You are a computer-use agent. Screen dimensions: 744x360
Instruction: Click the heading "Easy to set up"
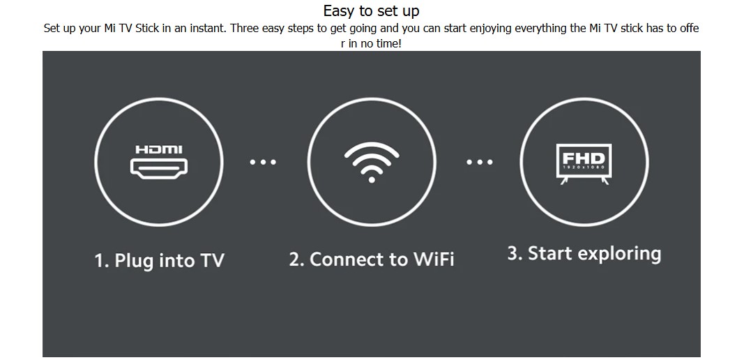[371, 10]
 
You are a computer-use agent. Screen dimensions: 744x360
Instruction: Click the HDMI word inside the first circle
[159, 149]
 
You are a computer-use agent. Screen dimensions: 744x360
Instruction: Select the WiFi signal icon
[372, 162]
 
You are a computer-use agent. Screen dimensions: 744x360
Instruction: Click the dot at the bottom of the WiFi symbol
[372, 179]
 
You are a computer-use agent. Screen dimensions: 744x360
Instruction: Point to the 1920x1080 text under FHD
[584, 167]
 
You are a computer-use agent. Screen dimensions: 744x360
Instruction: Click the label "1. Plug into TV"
[160, 261]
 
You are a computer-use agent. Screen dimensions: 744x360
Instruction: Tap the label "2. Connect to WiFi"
[372, 260]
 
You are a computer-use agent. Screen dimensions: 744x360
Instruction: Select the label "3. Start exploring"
[584, 254]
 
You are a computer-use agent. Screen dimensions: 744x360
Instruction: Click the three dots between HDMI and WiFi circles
[263, 162]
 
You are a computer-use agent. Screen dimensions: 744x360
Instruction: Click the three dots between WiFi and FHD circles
[480, 162]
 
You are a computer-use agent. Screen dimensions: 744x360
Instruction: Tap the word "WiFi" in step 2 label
[434, 260]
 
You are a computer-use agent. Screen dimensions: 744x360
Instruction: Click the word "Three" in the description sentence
[243, 29]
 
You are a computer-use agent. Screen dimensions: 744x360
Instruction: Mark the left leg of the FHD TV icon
[564, 181]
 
